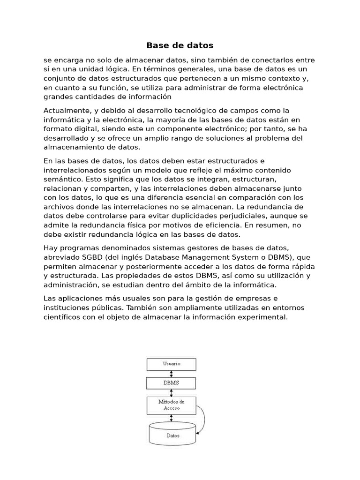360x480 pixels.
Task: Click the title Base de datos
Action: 180,45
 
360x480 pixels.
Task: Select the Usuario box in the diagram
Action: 171,364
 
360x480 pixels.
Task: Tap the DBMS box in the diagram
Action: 171,383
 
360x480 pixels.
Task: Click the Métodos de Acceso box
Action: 171,405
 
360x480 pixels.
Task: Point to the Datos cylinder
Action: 172,435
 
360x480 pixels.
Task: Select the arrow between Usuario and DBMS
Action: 171,374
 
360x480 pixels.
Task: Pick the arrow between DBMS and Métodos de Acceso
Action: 171,393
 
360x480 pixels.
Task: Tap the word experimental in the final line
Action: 263,317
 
